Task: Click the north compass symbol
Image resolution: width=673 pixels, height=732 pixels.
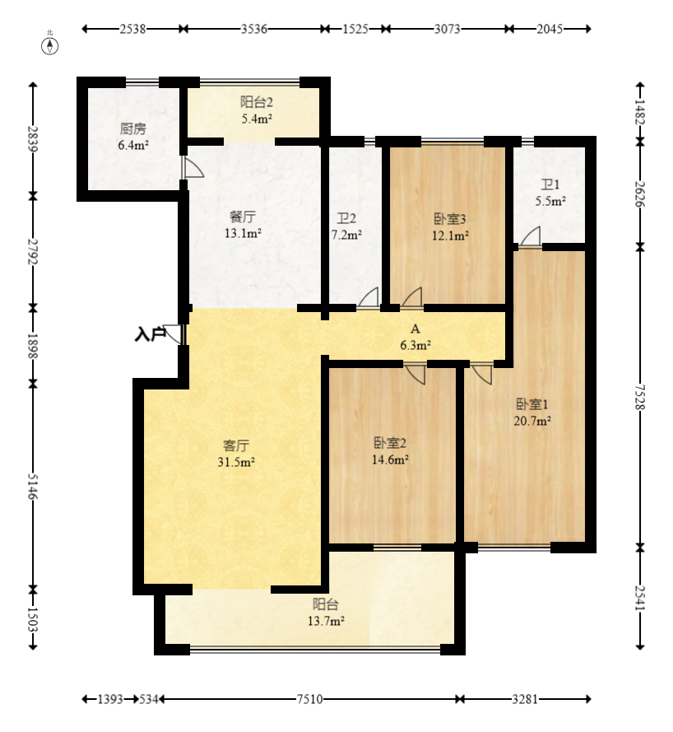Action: click(50, 46)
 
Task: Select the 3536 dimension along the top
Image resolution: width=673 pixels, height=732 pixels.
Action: click(254, 29)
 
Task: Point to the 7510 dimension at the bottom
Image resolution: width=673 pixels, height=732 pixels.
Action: click(309, 699)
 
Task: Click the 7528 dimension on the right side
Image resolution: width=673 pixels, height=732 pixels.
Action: click(640, 397)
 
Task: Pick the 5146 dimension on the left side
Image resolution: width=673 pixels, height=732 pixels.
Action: click(32, 486)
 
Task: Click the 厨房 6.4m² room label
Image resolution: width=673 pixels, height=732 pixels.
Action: click(133, 137)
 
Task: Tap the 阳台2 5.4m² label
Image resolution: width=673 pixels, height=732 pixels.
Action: click(257, 110)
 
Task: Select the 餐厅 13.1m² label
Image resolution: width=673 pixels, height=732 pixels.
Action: click(243, 225)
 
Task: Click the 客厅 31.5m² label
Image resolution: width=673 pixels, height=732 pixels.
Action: click(236, 454)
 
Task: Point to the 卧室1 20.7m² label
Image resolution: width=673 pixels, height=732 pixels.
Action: click(532, 413)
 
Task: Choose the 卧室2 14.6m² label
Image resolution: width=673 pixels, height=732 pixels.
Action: click(390, 451)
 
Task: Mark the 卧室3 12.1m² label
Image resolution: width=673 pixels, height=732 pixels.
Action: click(450, 227)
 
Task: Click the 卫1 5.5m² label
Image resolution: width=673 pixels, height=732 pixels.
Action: click(550, 193)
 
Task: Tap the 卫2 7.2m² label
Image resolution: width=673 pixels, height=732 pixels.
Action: click(346, 226)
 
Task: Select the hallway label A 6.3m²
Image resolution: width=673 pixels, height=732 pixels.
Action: click(415, 337)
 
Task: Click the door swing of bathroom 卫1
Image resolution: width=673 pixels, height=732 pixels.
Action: click(531, 236)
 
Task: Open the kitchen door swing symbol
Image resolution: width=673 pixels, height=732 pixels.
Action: click(193, 167)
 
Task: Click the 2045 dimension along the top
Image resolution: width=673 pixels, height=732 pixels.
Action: click(550, 29)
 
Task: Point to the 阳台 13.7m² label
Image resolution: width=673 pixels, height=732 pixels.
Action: click(326, 613)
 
